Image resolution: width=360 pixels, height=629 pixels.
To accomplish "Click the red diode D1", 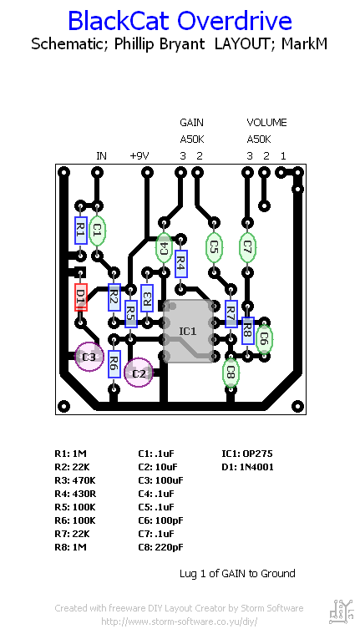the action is point(81,297).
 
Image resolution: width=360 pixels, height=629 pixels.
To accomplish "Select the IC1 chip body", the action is point(188,332).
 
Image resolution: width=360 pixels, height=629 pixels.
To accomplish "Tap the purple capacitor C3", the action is point(89,357).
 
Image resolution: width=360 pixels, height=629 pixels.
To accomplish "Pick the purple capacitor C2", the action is point(139,373).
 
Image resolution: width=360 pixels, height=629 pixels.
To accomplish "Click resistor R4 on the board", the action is point(181,264).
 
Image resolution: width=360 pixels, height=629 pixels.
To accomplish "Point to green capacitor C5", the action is point(215,246).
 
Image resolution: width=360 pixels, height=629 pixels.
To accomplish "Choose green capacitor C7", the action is point(247,246).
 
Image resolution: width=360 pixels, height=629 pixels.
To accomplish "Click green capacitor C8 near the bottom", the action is point(231,373).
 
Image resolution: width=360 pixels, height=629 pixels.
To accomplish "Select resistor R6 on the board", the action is point(114,364).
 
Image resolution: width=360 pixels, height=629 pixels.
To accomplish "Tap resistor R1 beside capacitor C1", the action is point(81,231).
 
